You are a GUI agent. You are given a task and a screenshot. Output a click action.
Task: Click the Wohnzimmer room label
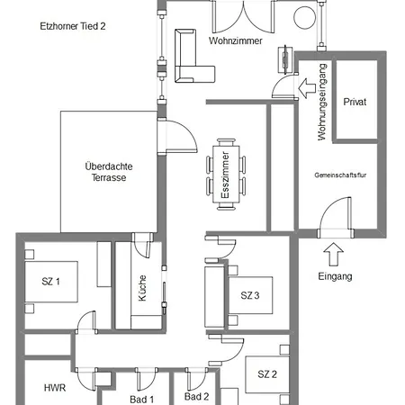(236, 40)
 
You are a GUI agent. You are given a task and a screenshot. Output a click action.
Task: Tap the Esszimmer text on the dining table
(225, 175)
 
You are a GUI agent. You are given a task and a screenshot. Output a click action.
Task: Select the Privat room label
(355, 102)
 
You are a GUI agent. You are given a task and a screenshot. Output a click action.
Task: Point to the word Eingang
(335, 276)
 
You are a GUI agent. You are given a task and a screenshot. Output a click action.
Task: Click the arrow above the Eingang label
(334, 254)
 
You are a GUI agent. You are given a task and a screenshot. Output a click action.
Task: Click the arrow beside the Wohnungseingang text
(307, 88)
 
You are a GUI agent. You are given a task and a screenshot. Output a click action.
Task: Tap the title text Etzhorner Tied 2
(73, 26)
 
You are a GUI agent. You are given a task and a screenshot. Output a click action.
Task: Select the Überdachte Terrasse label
(109, 172)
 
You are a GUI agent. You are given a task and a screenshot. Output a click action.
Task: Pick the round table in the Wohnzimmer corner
(304, 17)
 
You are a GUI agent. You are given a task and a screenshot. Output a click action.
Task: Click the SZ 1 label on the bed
(50, 282)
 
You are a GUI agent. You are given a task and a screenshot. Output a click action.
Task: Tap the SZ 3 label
(250, 295)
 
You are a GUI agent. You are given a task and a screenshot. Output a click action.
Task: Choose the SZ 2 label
(267, 374)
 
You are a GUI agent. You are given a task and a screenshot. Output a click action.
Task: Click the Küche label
(142, 288)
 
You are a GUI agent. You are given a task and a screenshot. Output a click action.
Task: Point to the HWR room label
(55, 388)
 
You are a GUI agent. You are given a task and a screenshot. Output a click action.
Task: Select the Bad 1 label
(141, 400)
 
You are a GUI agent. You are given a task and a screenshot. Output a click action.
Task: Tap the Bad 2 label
(196, 397)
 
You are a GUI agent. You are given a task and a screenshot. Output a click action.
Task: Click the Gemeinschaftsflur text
(340, 175)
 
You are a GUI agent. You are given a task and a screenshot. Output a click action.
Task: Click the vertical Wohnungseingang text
(321, 102)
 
